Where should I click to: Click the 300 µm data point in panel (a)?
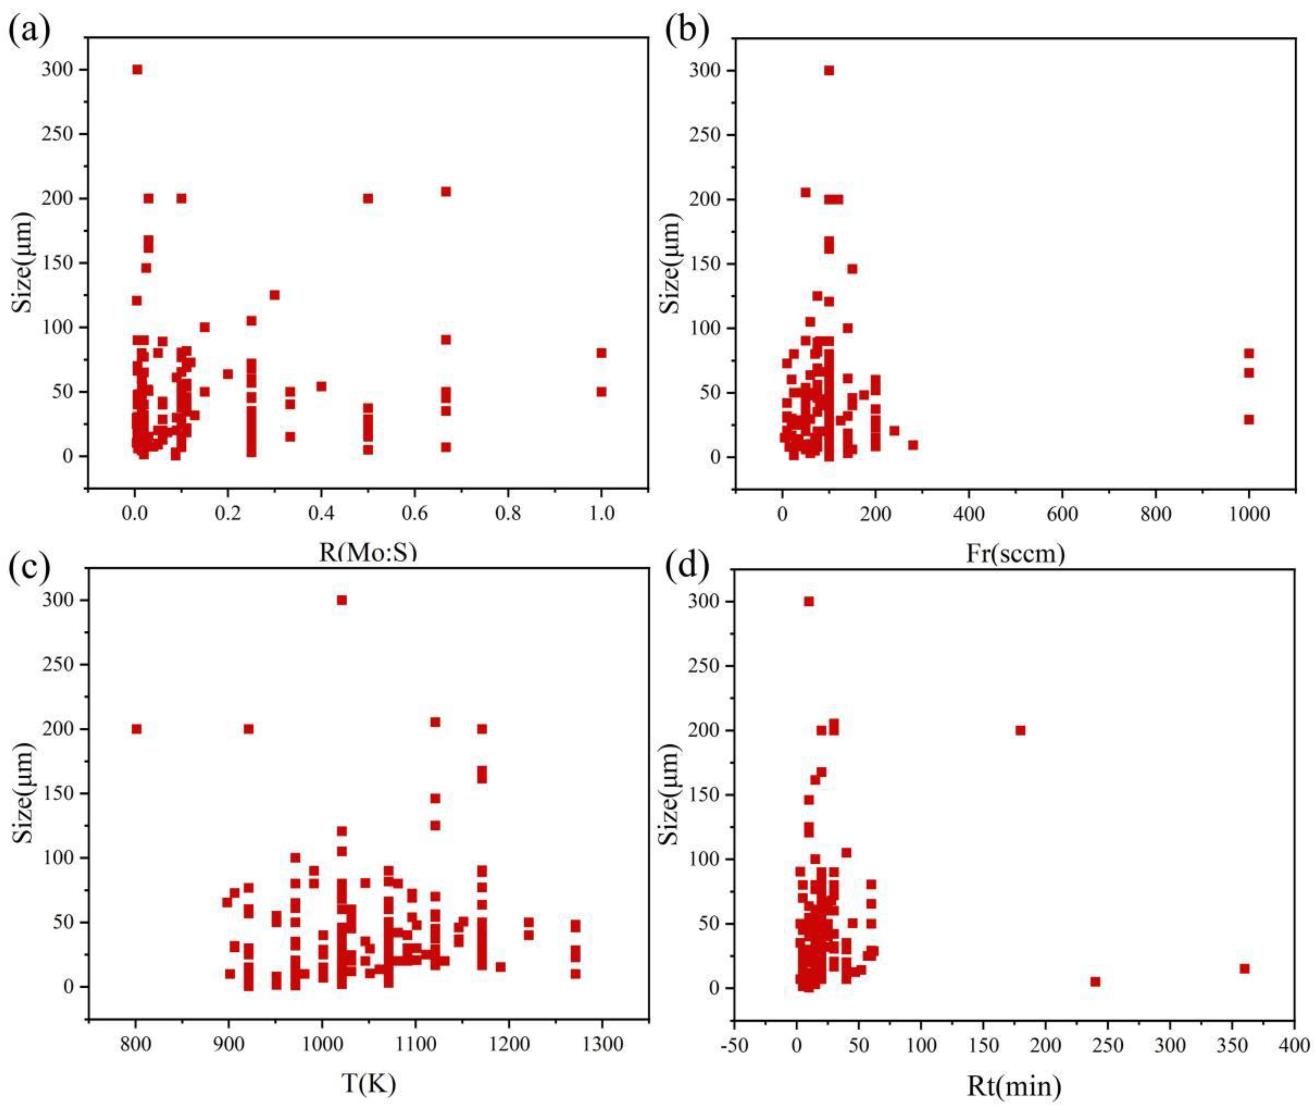click(x=137, y=69)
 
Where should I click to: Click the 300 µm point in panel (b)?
click(x=829, y=71)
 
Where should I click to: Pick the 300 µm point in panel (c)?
click(x=342, y=600)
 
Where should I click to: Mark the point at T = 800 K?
click(x=137, y=729)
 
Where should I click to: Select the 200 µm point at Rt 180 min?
click(x=1020, y=730)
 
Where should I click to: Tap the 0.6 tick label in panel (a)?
click(x=414, y=514)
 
